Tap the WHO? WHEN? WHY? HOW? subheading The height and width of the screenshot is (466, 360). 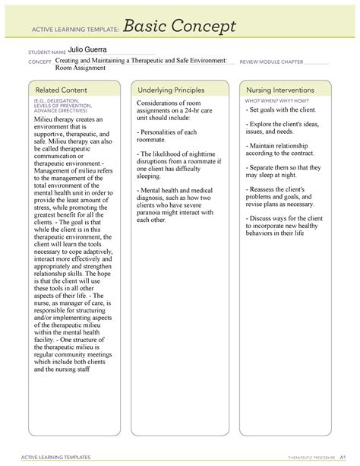point(276,100)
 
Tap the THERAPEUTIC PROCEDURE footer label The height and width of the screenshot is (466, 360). point(293,458)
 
